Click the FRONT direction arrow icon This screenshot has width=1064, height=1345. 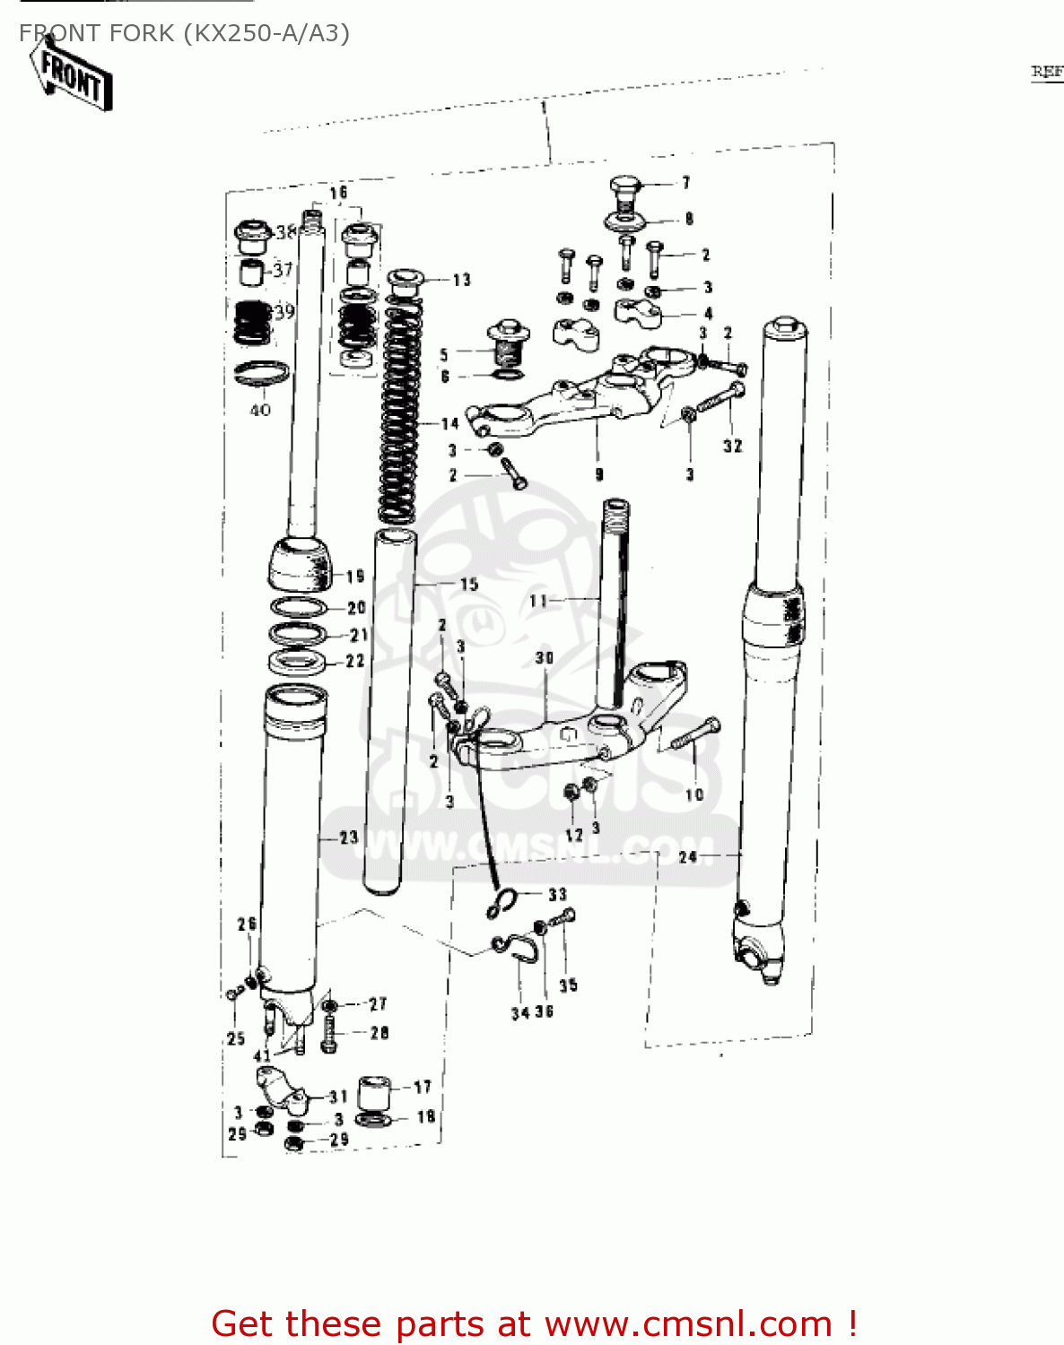coord(73,77)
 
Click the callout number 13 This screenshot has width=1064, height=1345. coord(461,280)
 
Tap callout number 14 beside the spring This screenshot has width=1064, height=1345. coord(449,423)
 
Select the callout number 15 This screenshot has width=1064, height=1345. coord(468,584)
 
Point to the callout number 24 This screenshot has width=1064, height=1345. coord(687,857)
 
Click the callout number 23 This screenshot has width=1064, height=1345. coord(348,837)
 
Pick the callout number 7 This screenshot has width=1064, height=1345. coord(685,182)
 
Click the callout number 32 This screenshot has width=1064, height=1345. coord(732,446)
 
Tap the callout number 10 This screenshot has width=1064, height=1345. coord(694,794)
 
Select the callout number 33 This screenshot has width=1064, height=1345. coord(557,894)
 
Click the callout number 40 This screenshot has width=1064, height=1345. coord(260,410)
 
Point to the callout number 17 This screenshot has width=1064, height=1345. coord(423,1087)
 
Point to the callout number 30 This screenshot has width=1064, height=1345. coord(545,657)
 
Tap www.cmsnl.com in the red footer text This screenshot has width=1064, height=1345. coord(688,1323)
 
